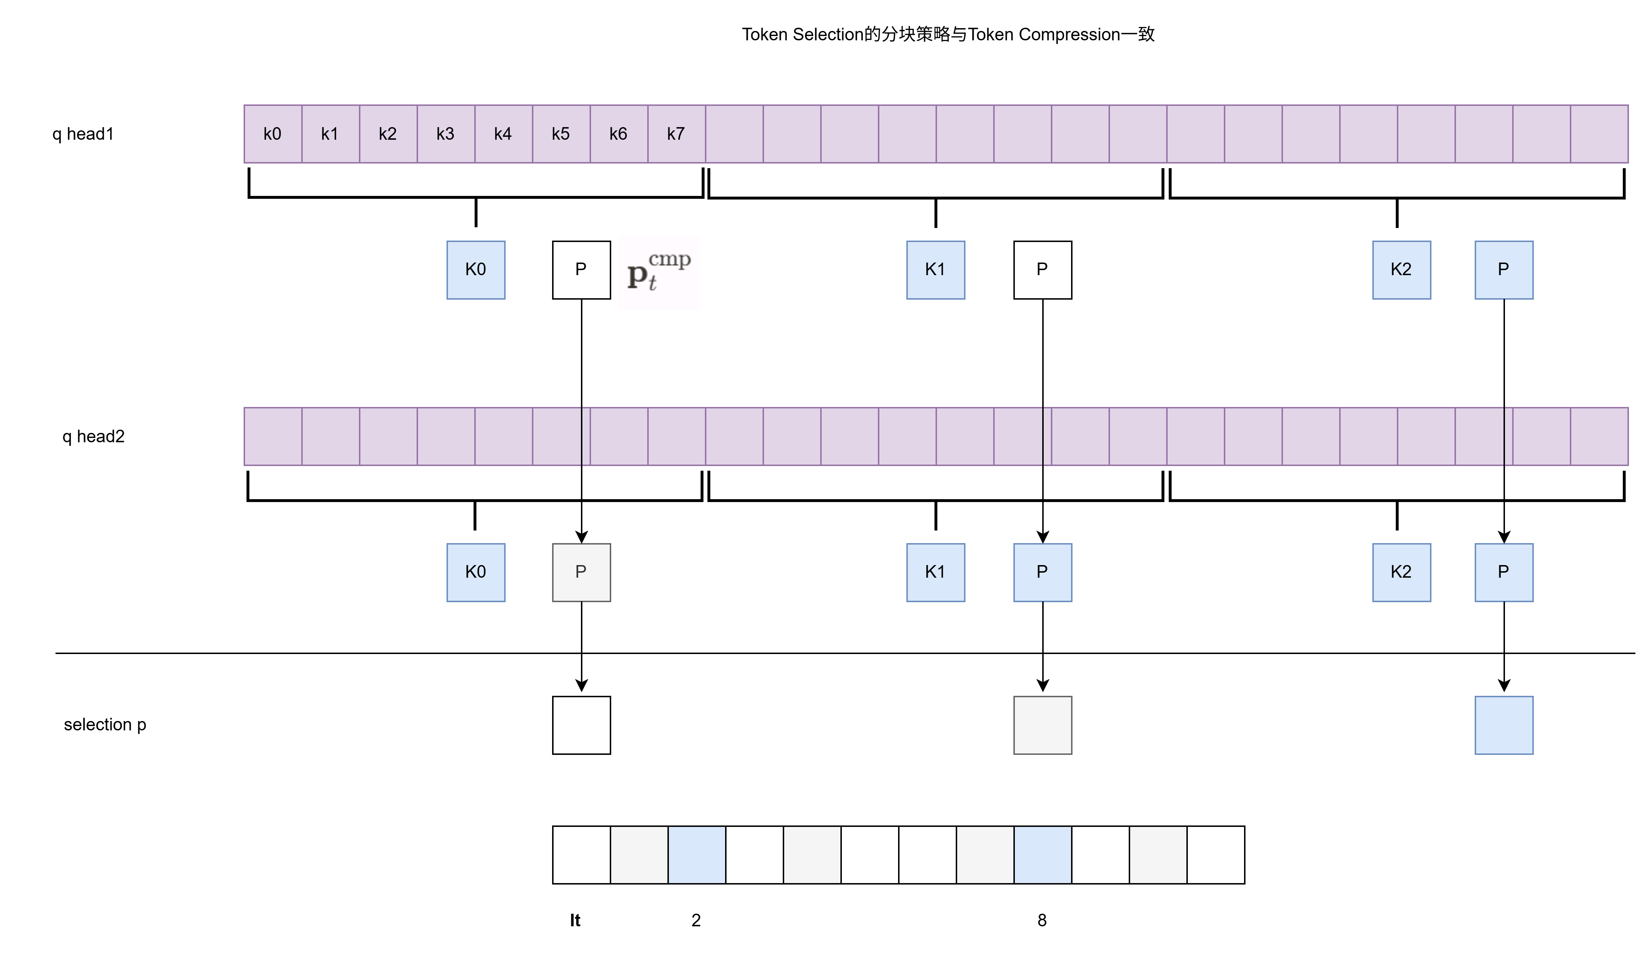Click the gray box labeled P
pyautogui.click(x=581, y=572)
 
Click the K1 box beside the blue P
pyautogui.click(x=936, y=572)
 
